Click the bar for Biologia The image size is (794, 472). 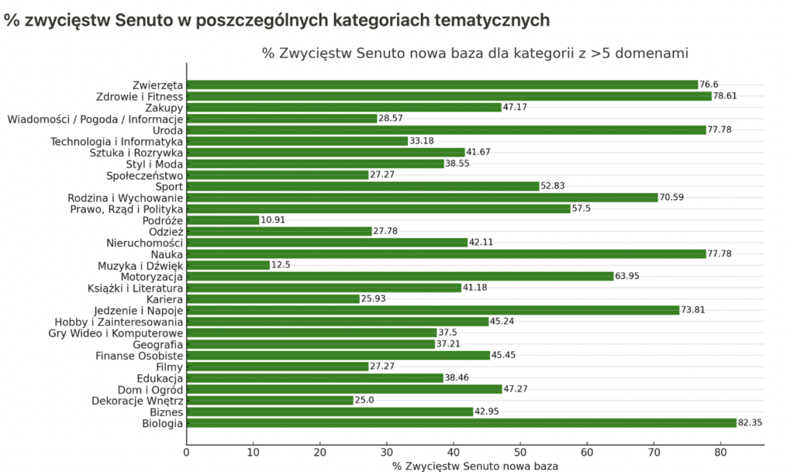tap(461, 423)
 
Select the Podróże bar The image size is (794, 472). tap(223, 220)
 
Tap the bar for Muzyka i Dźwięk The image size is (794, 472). tap(228, 265)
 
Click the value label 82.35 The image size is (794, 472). tap(751, 423)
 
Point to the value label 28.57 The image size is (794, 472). tap(392, 119)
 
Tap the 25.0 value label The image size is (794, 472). tap(365, 401)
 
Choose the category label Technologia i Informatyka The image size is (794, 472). tap(116, 141)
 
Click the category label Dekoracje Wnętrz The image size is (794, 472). tap(137, 401)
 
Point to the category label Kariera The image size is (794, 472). tap(164, 299)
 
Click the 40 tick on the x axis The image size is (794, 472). tap(454, 452)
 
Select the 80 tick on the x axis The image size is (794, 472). tap(720, 452)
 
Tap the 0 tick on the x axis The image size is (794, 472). tap(187, 452)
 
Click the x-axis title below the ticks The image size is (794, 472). tap(475, 466)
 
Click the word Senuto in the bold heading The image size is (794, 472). tap(144, 21)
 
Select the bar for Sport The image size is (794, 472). tap(363, 186)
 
